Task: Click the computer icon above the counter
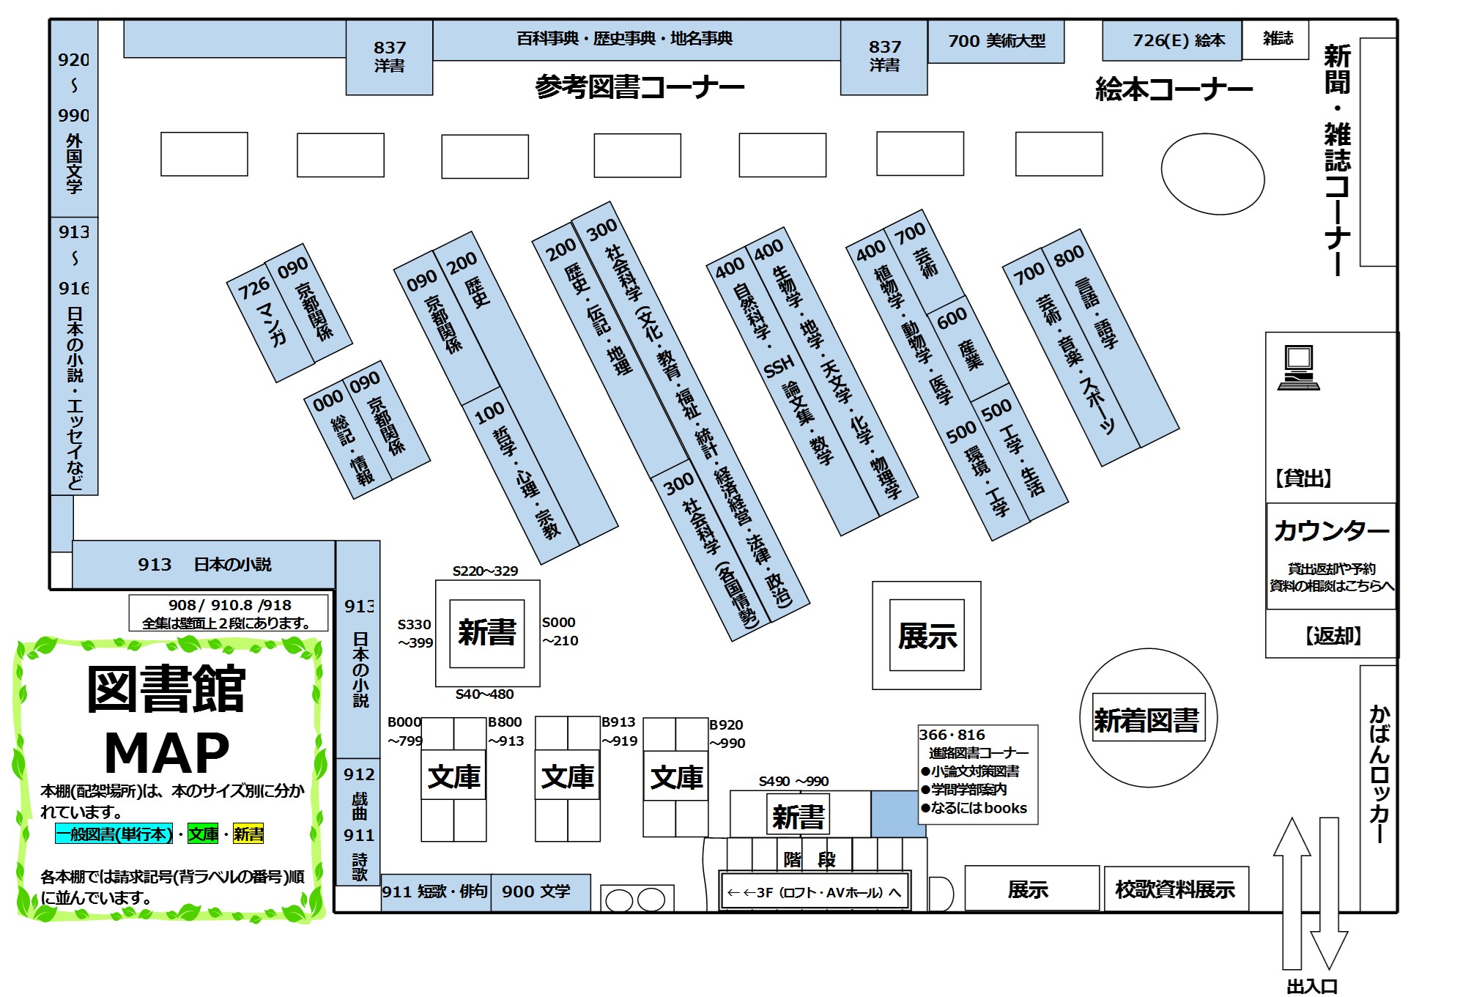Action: click(1298, 368)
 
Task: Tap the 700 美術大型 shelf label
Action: click(996, 41)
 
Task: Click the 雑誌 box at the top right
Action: click(1278, 39)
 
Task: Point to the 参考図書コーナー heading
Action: click(640, 87)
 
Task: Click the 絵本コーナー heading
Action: click(1174, 89)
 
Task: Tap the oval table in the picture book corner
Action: click(1212, 174)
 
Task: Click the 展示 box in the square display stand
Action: click(927, 636)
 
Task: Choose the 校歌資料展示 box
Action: click(1175, 889)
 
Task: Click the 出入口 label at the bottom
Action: click(1312, 986)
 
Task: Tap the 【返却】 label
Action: click(1333, 635)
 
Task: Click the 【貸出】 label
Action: click(1303, 478)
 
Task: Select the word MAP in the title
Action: click(167, 753)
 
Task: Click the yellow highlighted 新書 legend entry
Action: click(248, 834)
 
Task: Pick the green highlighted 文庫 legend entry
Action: click(203, 834)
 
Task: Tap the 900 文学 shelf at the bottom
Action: click(536, 892)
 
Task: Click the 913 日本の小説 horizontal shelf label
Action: click(204, 564)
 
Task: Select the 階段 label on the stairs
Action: click(809, 859)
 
